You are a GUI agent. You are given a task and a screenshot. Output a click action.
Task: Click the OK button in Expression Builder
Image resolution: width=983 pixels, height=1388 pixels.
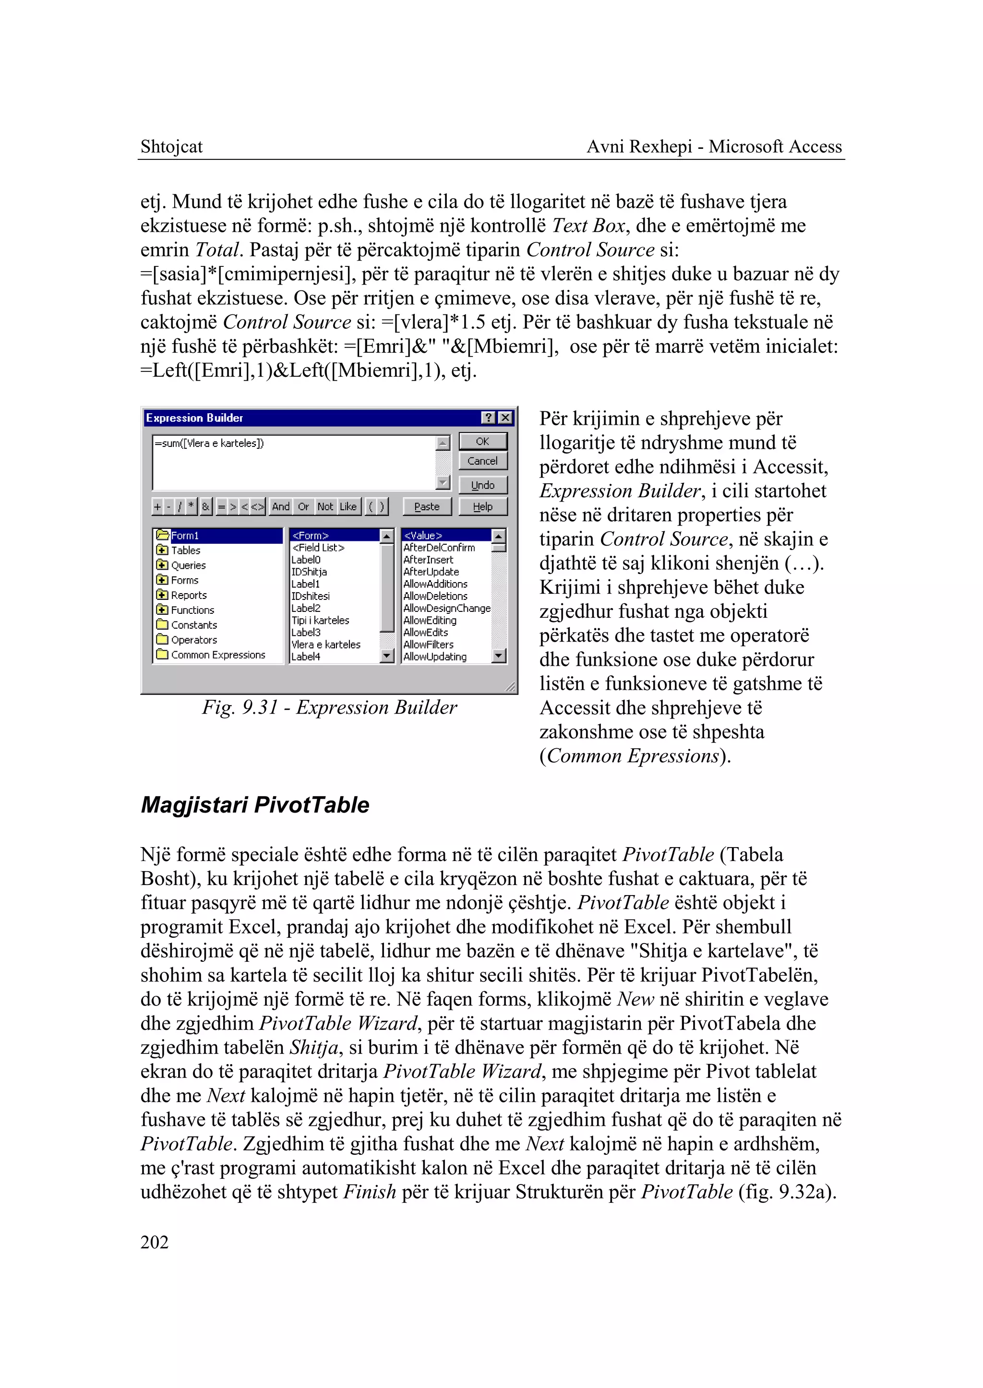point(482,441)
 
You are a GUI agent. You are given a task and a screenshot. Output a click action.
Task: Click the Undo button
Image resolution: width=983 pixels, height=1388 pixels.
point(482,485)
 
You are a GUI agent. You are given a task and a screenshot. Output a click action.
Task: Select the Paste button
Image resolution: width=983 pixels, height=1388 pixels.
point(427,507)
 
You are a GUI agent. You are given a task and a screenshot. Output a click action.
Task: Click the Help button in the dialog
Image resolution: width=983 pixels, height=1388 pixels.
point(482,507)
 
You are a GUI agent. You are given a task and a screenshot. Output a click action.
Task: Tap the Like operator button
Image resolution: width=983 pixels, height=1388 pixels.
point(348,507)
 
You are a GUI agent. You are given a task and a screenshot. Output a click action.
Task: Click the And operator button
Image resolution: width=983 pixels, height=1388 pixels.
point(280,507)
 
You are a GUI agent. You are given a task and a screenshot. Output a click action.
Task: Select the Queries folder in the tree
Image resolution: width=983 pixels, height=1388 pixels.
point(188,565)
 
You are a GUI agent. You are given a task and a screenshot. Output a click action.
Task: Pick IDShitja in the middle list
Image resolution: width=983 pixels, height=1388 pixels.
point(309,572)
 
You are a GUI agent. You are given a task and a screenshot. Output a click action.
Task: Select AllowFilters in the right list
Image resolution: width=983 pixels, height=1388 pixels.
point(429,645)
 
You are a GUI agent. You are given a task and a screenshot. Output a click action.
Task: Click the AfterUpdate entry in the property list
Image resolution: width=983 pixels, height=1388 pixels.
point(431,572)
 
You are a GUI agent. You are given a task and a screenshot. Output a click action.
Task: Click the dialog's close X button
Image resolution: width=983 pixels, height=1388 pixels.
point(505,418)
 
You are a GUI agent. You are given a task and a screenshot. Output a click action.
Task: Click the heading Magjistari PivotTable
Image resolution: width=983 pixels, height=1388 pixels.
point(255,805)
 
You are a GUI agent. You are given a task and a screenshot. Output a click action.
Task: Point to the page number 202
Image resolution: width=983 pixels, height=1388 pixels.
point(155,1242)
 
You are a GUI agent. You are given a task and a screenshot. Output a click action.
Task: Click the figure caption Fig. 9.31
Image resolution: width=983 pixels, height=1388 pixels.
point(329,707)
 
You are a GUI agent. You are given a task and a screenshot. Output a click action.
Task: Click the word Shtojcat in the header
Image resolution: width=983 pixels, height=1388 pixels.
point(171,146)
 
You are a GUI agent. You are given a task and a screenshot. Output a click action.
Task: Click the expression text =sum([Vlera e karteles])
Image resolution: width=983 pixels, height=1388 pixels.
point(209,443)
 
